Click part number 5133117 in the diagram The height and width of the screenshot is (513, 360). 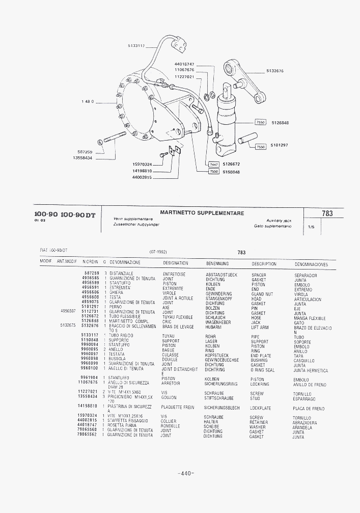point(136,46)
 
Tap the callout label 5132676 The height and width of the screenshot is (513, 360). point(275,71)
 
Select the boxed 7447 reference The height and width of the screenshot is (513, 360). point(213,164)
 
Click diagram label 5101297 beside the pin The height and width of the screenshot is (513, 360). point(279,145)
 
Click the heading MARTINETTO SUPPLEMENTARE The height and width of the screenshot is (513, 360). point(202,213)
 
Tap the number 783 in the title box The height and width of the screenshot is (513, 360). point(327,213)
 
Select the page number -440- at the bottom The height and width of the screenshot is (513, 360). point(186,474)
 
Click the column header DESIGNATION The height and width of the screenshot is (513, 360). point(175,263)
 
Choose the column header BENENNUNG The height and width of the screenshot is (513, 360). point(217,264)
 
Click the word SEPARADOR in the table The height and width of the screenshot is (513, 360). point(306,275)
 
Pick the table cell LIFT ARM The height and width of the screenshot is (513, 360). point(260,328)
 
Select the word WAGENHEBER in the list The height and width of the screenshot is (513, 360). point(218,322)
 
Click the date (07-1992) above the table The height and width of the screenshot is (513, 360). point(159,252)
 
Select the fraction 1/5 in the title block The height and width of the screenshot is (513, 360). point(311,228)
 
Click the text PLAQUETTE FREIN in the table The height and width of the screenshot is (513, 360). point(178,408)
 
